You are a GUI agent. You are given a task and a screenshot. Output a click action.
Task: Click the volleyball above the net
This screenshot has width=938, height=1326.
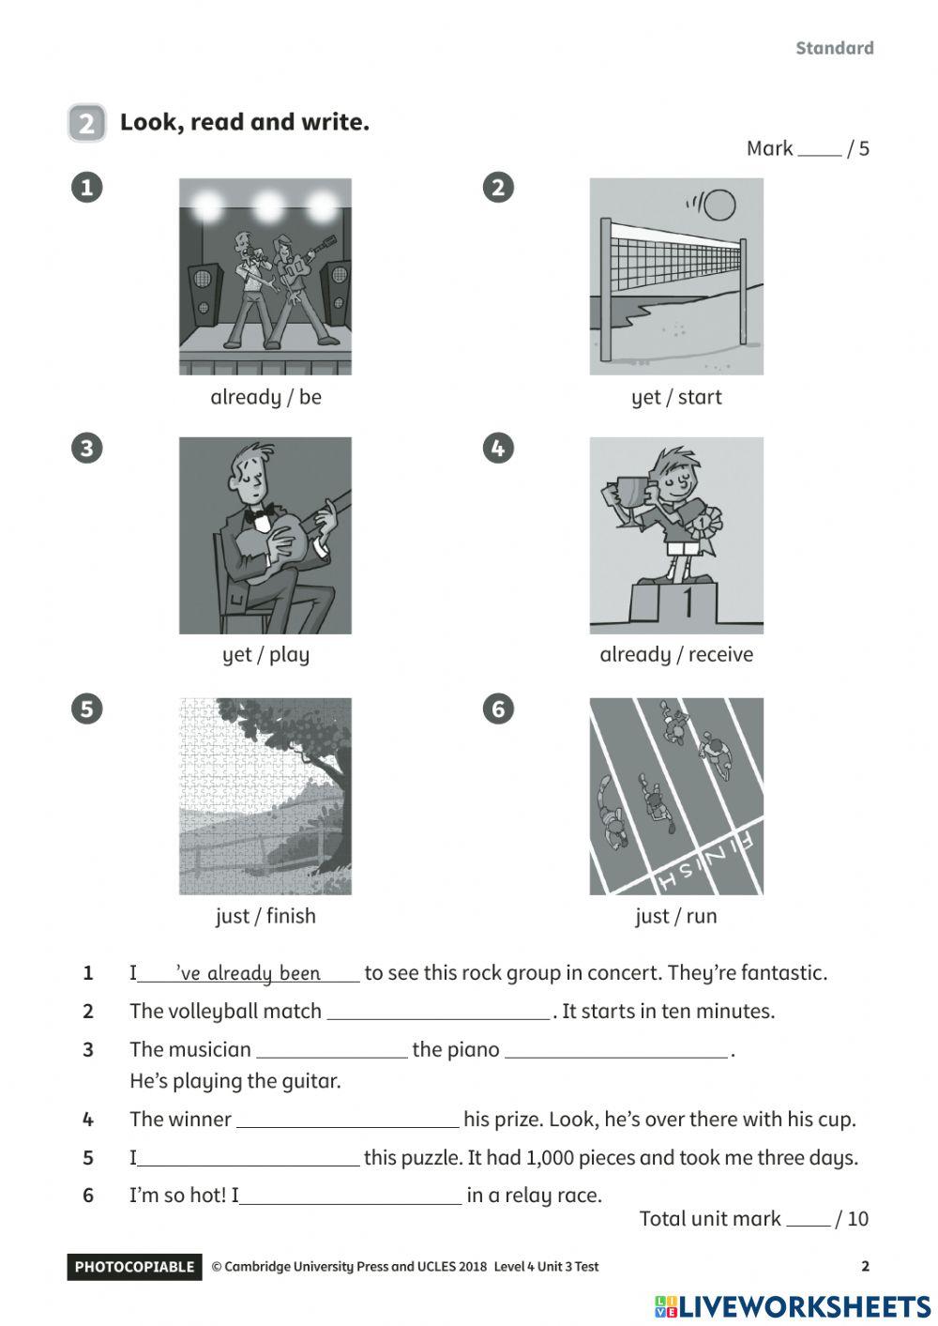[719, 204]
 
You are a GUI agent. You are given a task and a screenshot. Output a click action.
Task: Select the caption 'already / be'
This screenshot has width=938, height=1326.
[265, 397]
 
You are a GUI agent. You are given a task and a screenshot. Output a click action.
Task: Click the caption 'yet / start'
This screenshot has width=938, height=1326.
[676, 397]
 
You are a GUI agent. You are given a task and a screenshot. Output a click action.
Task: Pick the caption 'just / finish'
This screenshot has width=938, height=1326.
[265, 916]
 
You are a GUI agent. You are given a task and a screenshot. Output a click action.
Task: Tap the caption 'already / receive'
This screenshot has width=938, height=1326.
[676, 655]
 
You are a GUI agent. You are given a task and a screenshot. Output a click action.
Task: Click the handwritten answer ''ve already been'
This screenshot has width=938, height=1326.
[249, 973]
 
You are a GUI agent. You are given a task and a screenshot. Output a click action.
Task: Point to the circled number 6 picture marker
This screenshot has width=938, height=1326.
[498, 709]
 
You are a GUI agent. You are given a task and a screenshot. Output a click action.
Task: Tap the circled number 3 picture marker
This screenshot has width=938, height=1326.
[86, 448]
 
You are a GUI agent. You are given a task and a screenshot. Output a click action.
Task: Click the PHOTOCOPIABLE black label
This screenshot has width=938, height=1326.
[134, 1267]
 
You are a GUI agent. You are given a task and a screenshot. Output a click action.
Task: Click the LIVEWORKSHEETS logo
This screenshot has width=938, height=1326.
[793, 1306]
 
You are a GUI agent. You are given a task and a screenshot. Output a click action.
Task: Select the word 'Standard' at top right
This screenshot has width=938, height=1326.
[834, 48]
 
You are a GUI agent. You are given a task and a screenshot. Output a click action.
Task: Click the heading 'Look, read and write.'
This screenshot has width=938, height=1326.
[245, 122]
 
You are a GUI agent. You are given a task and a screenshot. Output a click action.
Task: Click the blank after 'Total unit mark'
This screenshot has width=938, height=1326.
[808, 1220]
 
